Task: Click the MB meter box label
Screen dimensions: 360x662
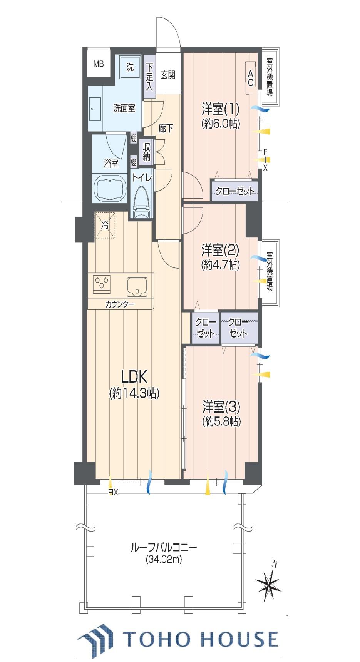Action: coord(99,64)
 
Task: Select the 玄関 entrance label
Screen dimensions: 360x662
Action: coord(168,75)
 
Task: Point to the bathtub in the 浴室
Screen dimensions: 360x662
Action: coord(111,189)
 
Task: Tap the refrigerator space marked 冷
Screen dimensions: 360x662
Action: coord(105,226)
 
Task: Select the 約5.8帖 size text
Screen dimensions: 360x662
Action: coord(222,421)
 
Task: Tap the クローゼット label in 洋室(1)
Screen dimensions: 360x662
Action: coord(234,191)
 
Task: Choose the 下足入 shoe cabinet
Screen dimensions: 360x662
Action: coord(150,77)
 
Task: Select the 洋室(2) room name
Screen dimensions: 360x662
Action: coord(221,251)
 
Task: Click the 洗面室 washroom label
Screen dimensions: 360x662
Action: coord(124,109)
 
